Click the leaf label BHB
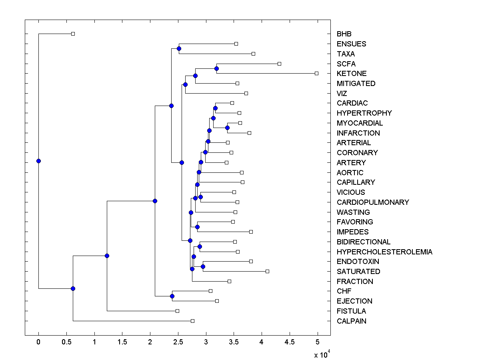[344, 34]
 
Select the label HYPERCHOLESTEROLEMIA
[384, 252]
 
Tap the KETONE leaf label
[352, 74]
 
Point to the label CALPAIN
[352, 321]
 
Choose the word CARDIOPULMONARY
[373, 202]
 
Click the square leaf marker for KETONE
[316, 73]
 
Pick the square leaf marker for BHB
[73, 34]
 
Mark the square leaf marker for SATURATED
[267, 271]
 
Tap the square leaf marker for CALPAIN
[192, 321]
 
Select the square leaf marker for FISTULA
[177, 311]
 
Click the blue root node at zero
[38, 161]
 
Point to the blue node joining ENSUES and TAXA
[179, 48]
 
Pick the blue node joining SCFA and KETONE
[216, 68]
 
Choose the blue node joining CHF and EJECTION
[172, 296]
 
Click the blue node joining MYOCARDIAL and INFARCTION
[227, 128]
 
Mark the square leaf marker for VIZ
[246, 93]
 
